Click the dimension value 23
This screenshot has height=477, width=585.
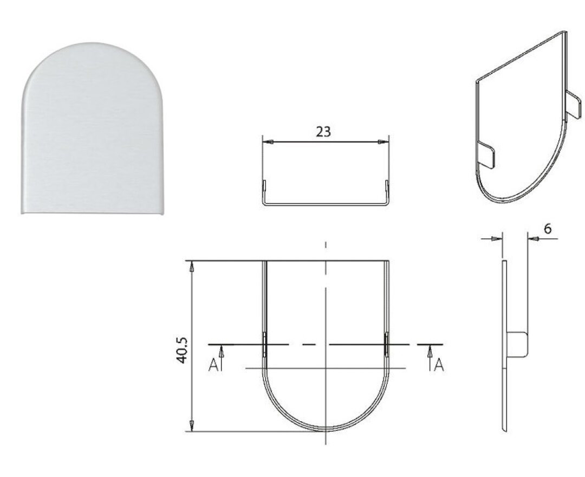pos(323,131)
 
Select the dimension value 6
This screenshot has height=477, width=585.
pos(547,228)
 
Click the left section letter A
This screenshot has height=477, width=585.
pos(213,365)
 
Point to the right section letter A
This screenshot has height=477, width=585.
pos(439,365)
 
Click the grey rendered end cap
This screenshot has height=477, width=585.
pos(93,128)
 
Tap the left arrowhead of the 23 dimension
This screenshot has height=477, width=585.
pos(268,142)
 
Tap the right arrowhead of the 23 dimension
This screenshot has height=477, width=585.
pos(383,142)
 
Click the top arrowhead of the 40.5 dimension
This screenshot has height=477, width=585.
pos(192,267)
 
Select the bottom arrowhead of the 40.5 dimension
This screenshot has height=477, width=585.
pos(192,426)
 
